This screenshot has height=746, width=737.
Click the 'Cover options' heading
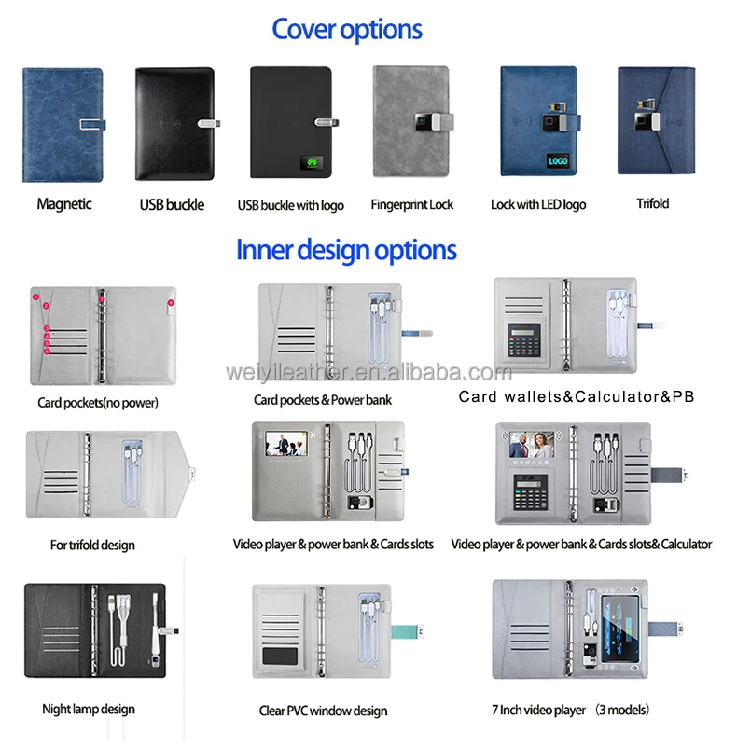347,30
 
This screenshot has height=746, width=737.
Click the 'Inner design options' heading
346,250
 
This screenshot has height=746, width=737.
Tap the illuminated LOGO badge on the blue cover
558,160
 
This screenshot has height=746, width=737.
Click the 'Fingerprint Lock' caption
411,204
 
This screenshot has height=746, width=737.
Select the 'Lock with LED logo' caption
538,204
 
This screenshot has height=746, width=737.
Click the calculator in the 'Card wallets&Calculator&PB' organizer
527,342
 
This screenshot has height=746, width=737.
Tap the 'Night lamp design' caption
88,709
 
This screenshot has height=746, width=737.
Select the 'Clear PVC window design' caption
323,711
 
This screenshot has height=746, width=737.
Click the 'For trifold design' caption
92,545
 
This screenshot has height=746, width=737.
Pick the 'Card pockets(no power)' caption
98,403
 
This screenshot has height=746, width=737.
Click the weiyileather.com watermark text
368,373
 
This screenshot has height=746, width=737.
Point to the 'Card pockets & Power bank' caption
323,399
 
